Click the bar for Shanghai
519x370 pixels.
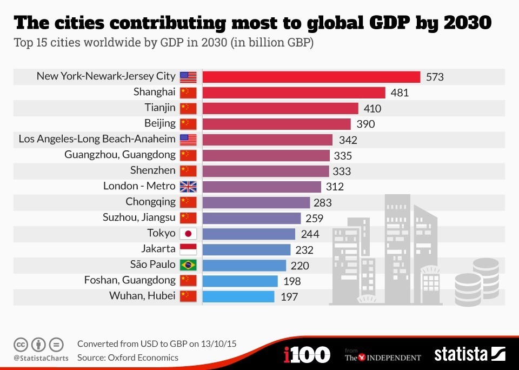(294, 93)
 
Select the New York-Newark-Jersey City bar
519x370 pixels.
(311, 77)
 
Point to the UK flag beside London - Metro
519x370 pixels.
(188, 187)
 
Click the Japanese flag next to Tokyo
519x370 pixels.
(188, 234)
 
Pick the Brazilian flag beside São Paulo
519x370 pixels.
(188, 265)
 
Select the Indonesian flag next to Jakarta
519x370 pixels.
(188, 249)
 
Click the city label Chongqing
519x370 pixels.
(150, 202)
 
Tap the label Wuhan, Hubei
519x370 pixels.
(142, 296)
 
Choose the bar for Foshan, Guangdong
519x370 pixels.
(240, 281)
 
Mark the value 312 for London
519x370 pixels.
(335, 187)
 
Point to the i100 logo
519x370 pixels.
(307, 355)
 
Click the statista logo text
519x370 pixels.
(461, 354)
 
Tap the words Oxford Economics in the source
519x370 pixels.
(143, 358)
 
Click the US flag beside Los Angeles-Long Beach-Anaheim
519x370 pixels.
(188, 140)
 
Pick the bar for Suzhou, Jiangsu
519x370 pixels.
(251, 218)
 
